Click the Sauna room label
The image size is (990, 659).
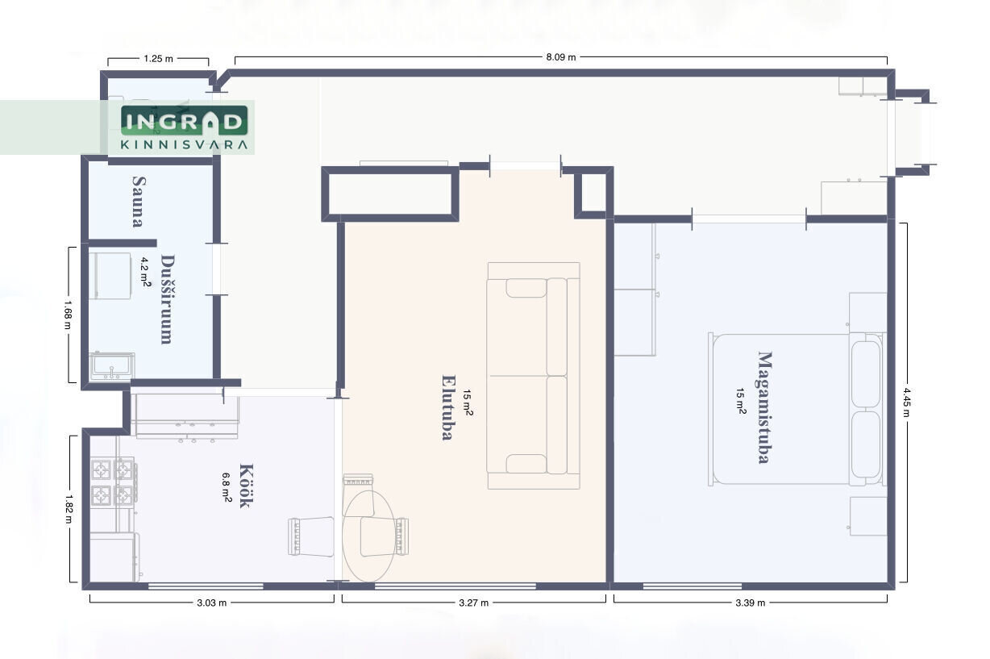(139, 201)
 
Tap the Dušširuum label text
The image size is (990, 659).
(167, 299)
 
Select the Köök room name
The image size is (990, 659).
(246, 486)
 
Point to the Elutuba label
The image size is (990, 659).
(448, 408)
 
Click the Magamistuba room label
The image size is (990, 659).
(765, 407)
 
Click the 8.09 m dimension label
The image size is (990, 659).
(561, 57)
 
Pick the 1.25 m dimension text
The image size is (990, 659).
(158, 58)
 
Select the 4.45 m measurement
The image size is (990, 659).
(906, 402)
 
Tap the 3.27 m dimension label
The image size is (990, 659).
(474, 603)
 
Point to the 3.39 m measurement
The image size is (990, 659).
(751, 603)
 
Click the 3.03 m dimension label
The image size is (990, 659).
(212, 603)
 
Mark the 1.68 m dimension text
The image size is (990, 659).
(68, 315)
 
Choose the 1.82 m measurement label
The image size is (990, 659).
(69, 509)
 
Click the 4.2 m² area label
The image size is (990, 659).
(145, 272)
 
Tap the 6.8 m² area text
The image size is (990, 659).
(227, 487)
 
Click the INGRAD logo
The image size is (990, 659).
(185, 120)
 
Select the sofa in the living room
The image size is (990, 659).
(534, 376)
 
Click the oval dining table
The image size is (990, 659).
(368, 536)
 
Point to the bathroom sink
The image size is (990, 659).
(112, 366)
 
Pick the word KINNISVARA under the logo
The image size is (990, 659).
(185, 144)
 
